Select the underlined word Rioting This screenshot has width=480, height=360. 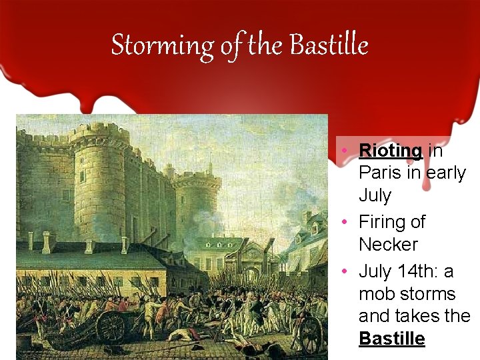[390, 151]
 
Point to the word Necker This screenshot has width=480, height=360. [389, 244]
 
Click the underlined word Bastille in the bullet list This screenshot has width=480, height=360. [391, 339]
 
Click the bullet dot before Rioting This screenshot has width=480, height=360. [341, 151]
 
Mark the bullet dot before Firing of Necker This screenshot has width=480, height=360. [341, 221]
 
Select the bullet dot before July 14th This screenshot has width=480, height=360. [341, 271]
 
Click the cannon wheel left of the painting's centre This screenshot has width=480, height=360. [111, 327]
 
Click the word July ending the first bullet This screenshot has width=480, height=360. [375, 195]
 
